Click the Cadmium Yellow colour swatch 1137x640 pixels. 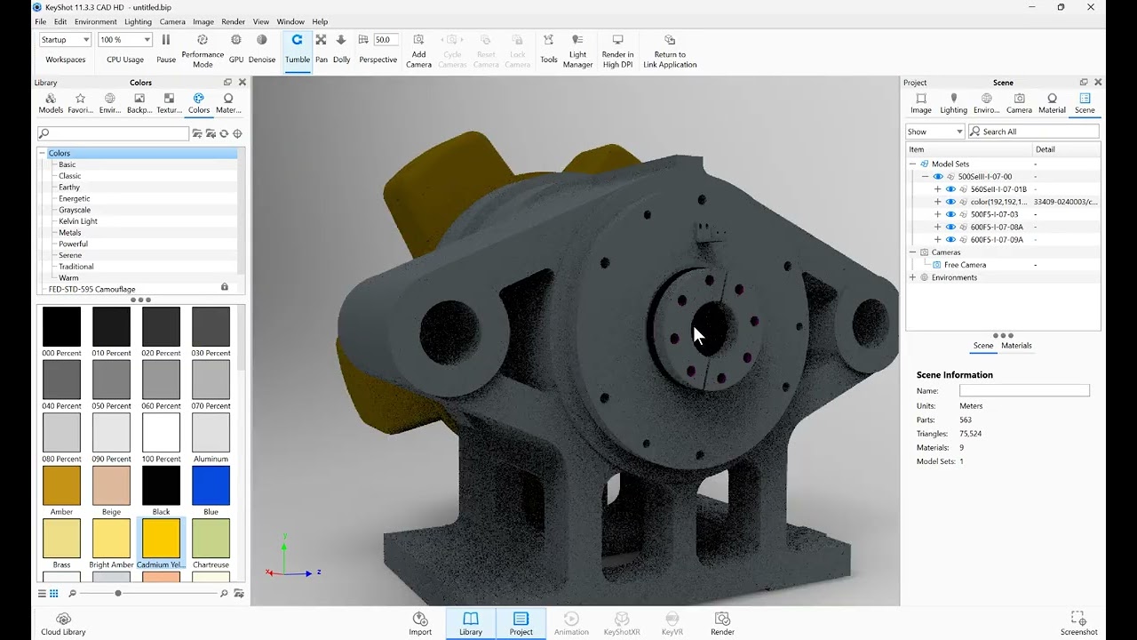pyautogui.click(x=161, y=539)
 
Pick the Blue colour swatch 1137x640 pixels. pyautogui.click(x=211, y=485)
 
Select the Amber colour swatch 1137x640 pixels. pyautogui.click(x=61, y=485)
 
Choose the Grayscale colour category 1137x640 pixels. pyautogui.click(x=75, y=210)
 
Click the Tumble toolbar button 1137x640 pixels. pyautogui.click(x=297, y=49)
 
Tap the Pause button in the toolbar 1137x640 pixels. pyautogui.click(x=166, y=49)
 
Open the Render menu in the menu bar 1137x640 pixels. pyautogui.click(x=233, y=21)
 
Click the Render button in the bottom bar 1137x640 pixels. pyautogui.click(x=722, y=623)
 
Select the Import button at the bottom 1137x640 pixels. pyautogui.click(x=420, y=623)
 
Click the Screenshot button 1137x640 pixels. pyautogui.click(x=1078, y=623)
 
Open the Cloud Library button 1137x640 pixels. pyautogui.click(x=63, y=623)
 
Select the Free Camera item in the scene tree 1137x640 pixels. pyautogui.click(x=965, y=265)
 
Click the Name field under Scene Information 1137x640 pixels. pyautogui.click(x=1023, y=391)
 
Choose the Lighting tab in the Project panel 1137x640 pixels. pyautogui.click(x=953, y=103)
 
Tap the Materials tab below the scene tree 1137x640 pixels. pyautogui.click(x=1016, y=346)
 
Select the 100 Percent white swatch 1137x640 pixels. pyautogui.click(x=161, y=433)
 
